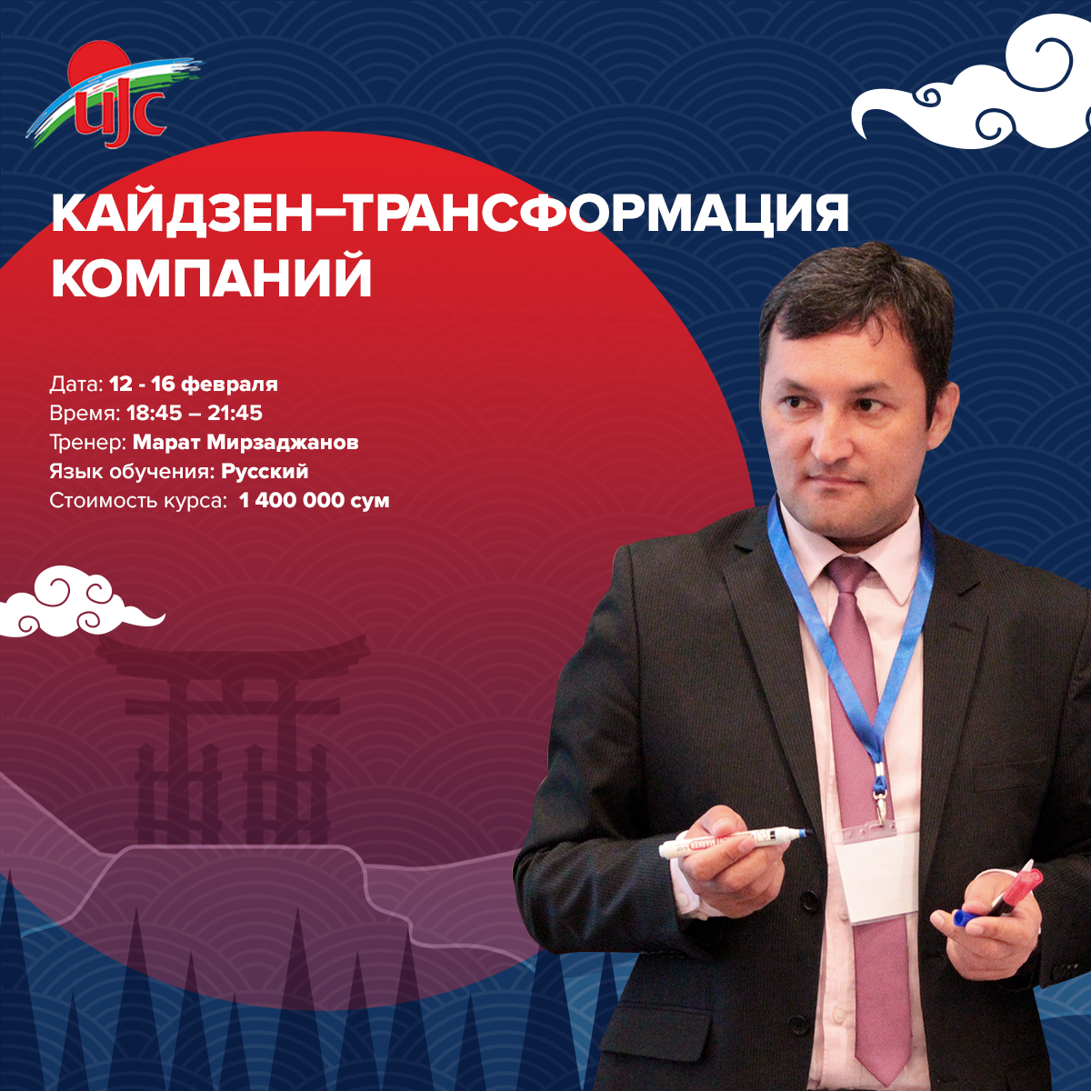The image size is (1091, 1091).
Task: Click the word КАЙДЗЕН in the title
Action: pos(181,214)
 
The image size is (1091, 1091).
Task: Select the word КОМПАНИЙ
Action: pos(211,277)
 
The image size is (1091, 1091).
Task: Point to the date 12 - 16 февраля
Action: pos(193,385)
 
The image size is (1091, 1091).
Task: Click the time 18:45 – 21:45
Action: pos(195,414)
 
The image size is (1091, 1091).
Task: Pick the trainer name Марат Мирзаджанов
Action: pos(245,442)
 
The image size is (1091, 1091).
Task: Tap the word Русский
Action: pos(265,472)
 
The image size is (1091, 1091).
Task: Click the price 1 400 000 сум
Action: pos(315,500)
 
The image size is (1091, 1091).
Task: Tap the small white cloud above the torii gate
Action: pos(82,601)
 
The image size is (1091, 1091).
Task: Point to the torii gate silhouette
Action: pos(232,737)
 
